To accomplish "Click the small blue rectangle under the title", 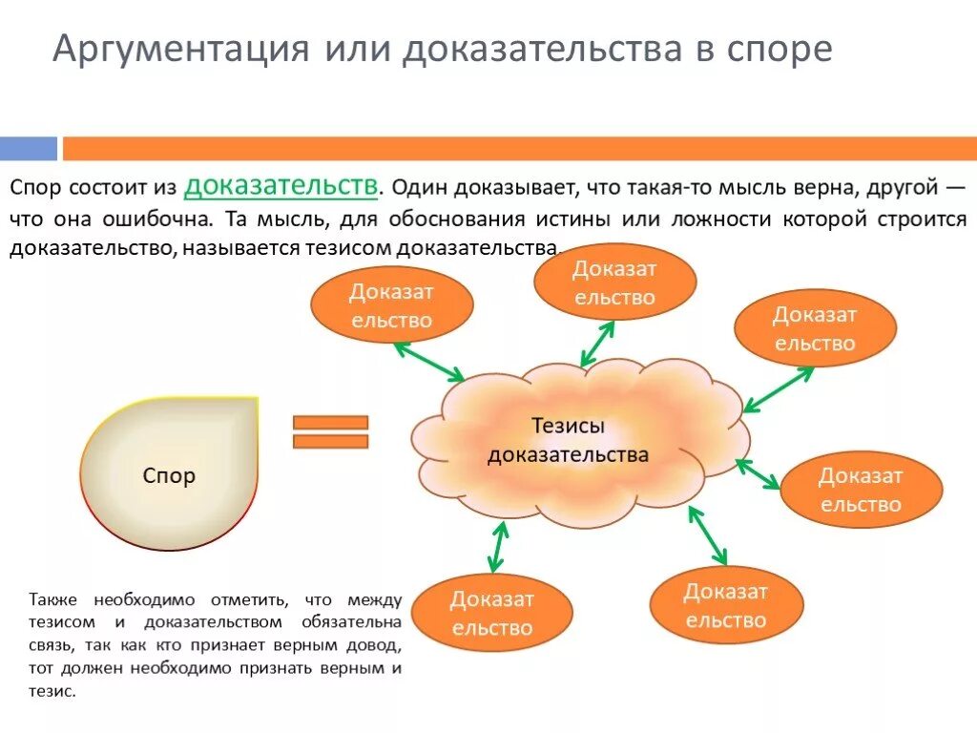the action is pos(29,148).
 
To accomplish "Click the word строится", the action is pos(917,218).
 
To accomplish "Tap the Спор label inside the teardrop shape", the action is pos(169,474).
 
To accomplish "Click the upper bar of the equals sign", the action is pos(330,422).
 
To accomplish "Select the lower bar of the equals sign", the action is pos(330,441).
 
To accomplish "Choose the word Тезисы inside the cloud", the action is pos(568,427).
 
